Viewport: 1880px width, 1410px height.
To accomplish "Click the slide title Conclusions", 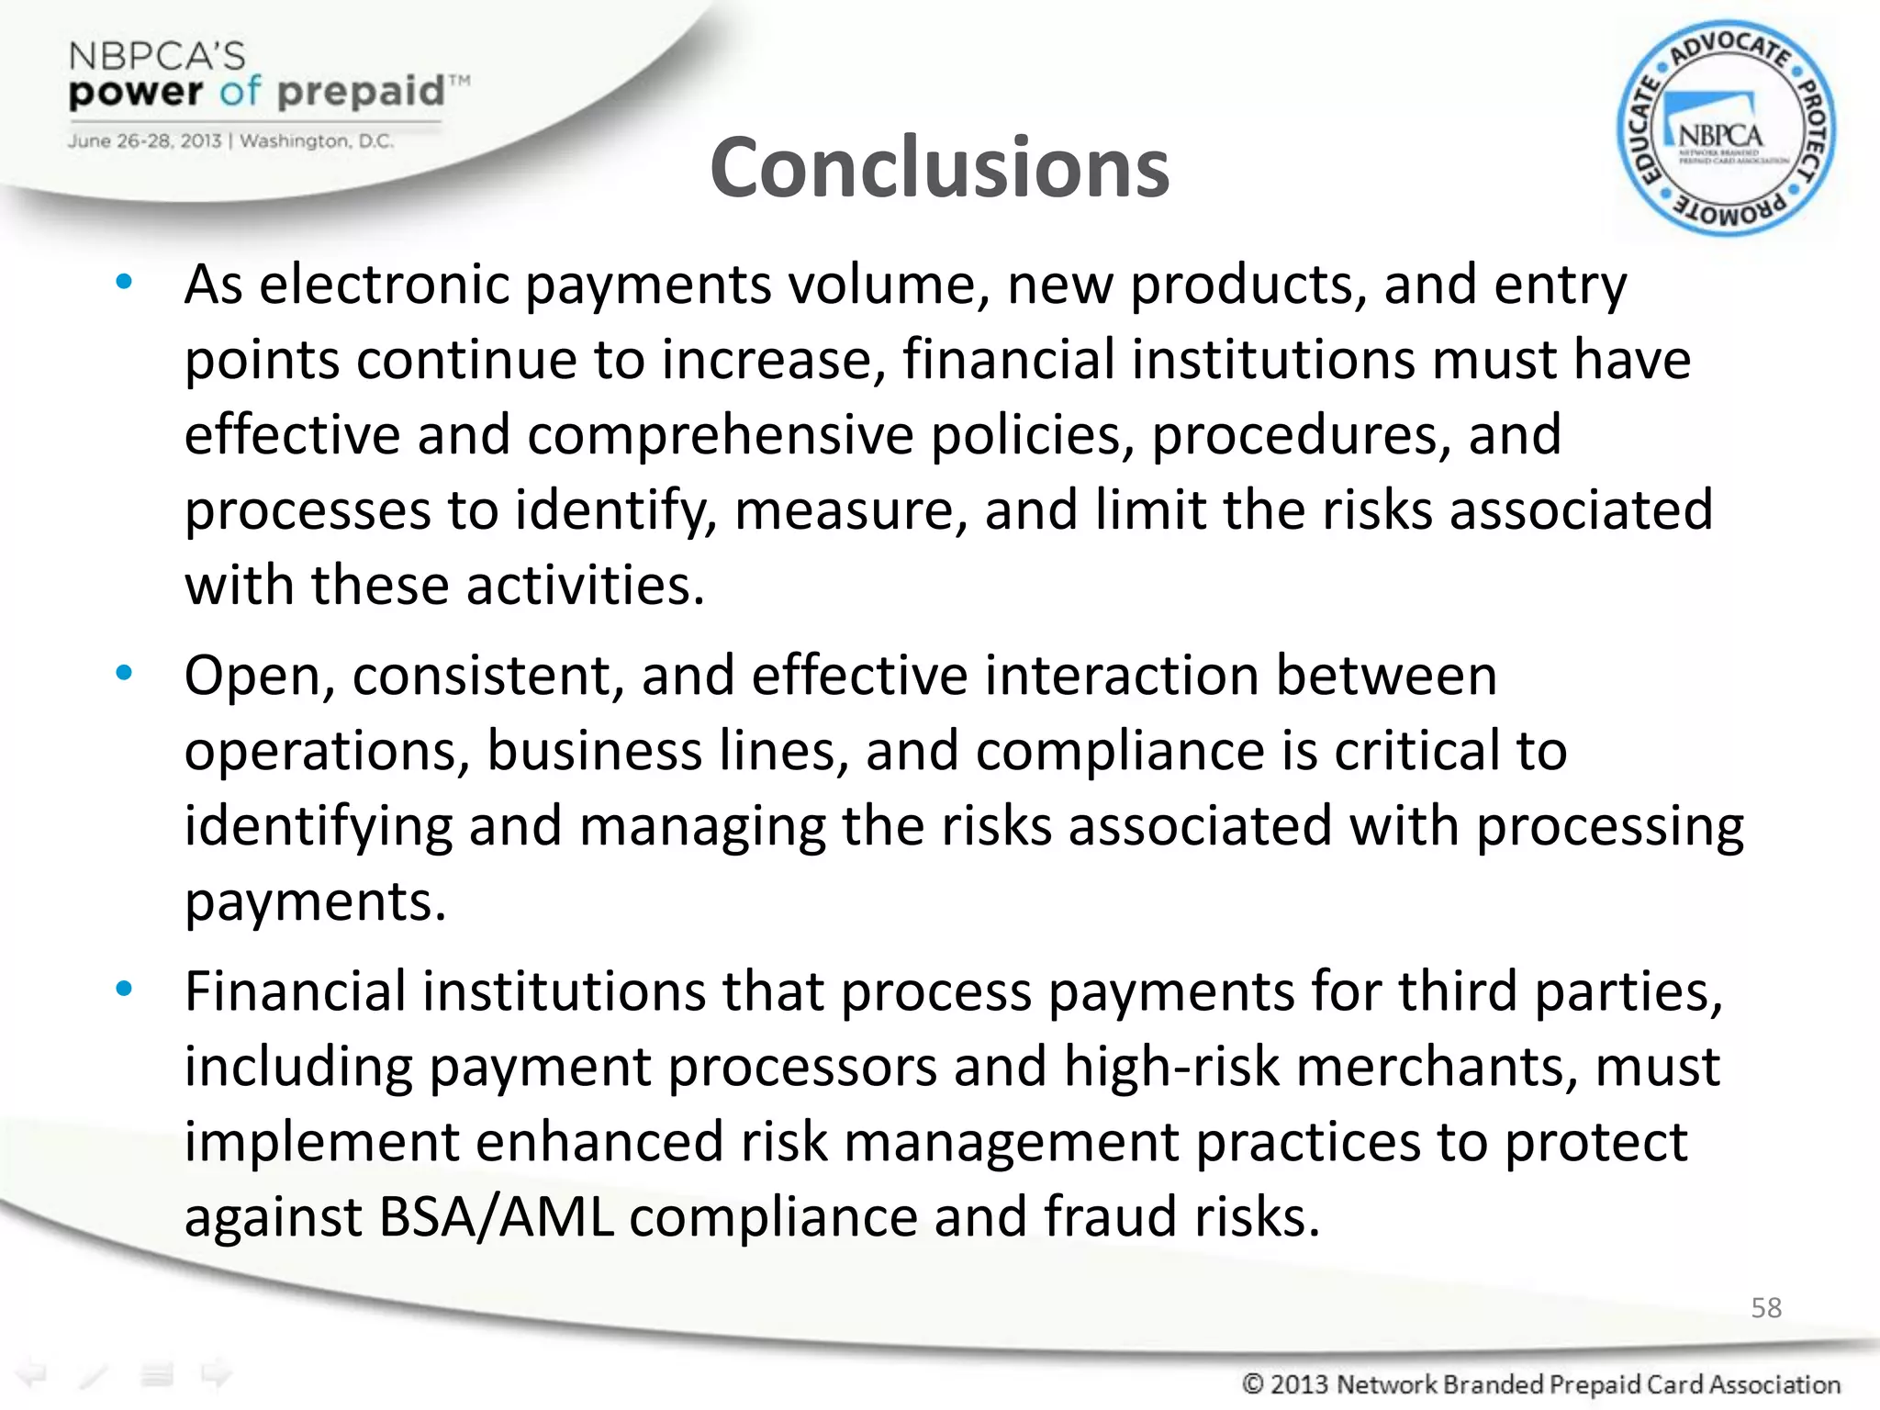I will click(x=939, y=167).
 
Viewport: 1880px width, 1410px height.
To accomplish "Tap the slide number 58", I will click(x=1766, y=1307).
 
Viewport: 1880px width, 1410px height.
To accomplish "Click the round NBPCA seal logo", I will click(x=1726, y=129).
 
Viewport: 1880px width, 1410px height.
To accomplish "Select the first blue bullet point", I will click(x=125, y=282).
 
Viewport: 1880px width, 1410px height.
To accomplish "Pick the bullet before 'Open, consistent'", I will click(x=125, y=674).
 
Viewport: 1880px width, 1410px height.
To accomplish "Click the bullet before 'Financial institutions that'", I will click(x=125, y=989).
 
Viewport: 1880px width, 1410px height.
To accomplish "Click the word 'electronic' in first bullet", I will click(x=383, y=284).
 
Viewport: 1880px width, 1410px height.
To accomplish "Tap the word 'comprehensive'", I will click(x=720, y=434).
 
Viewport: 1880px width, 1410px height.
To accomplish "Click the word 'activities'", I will click(x=584, y=586).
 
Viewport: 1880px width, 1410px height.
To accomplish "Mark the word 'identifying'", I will click(x=318, y=826).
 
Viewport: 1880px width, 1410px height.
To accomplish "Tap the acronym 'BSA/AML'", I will click(x=495, y=1217).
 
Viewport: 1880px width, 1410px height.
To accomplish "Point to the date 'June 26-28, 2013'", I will click(x=145, y=141).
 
